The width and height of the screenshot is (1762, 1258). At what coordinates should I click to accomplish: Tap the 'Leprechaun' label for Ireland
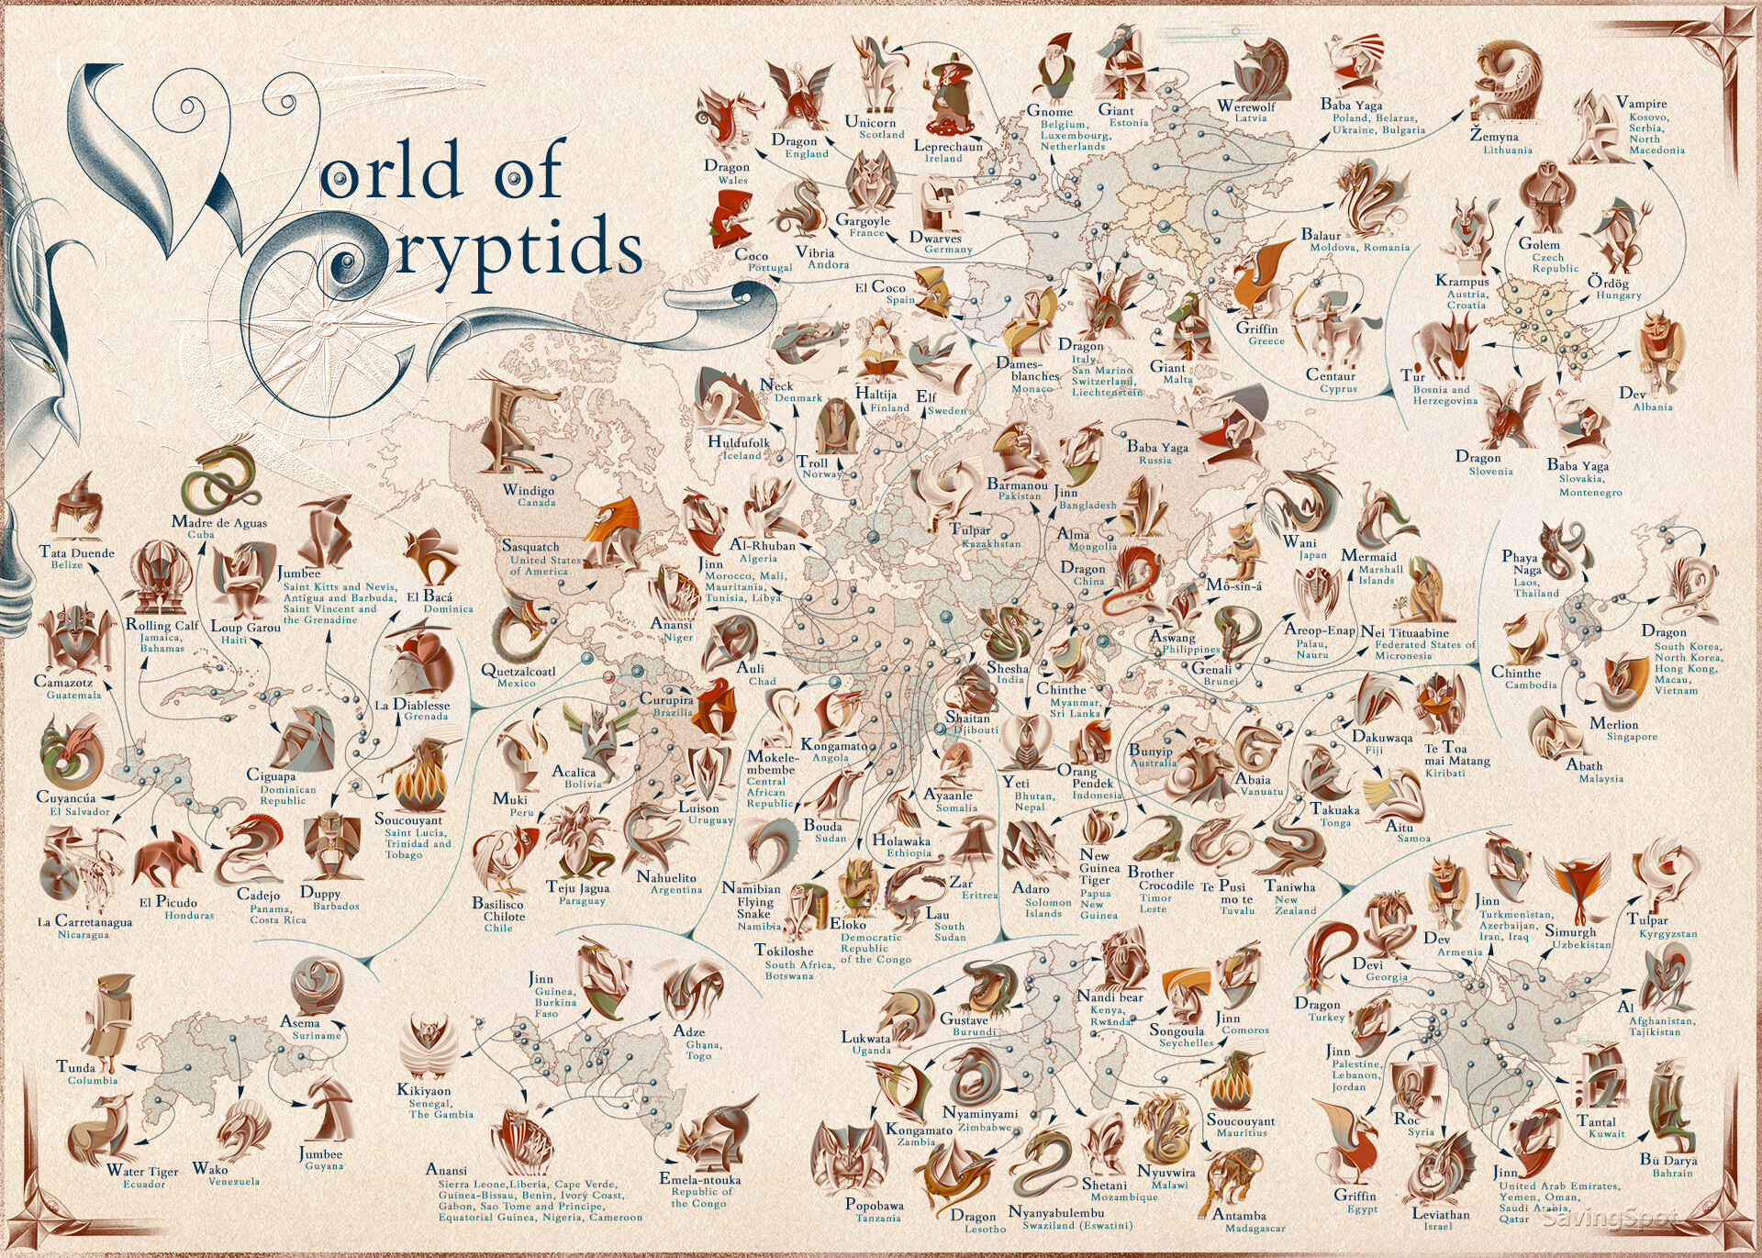pyautogui.click(x=948, y=146)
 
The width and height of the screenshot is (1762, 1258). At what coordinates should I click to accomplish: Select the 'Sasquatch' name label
pyautogui.click(x=530, y=546)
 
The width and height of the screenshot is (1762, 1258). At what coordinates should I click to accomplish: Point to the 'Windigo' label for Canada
pyautogui.click(x=529, y=490)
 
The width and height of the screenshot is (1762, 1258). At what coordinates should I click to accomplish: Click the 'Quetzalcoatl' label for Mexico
pyautogui.click(x=519, y=671)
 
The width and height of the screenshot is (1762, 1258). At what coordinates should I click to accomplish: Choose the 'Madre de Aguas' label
pyautogui.click(x=219, y=522)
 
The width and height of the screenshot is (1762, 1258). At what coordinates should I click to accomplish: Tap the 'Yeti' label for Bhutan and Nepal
pyautogui.click(x=1016, y=782)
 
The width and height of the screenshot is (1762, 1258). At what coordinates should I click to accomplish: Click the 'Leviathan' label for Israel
pyautogui.click(x=1440, y=1214)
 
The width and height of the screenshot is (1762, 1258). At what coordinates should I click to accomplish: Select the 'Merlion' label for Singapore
pyautogui.click(x=1614, y=723)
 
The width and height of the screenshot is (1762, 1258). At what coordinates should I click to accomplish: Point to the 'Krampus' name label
pyautogui.click(x=1462, y=281)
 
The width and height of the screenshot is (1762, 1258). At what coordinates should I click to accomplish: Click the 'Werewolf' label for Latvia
pyautogui.click(x=1246, y=106)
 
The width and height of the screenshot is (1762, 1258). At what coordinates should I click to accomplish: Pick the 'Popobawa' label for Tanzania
pyautogui.click(x=875, y=1205)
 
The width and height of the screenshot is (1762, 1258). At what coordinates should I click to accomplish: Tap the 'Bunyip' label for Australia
pyautogui.click(x=1152, y=750)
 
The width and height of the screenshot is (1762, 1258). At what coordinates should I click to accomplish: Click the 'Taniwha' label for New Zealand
pyautogui.click(x=1289, y=886)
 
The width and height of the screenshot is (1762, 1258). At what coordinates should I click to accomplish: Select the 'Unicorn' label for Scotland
pyautogui.click(x=870, y=122)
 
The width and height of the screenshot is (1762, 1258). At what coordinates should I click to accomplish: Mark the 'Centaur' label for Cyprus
pyautogui.click(x=1331, y=375)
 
